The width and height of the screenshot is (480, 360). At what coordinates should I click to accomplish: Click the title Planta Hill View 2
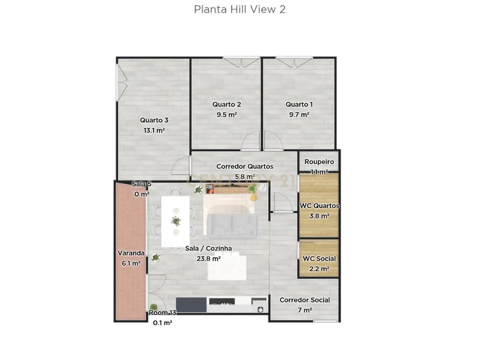click(240, 9)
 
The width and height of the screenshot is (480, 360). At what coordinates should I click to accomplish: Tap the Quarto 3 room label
click(154, 120)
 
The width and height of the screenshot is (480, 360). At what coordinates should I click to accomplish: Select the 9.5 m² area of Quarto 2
click(227, 115)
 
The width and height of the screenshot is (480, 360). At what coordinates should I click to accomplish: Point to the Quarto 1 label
click(299, 105)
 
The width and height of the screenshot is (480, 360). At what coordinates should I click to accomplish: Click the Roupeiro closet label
click(319, 162)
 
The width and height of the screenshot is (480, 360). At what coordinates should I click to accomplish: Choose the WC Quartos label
click(319, 206)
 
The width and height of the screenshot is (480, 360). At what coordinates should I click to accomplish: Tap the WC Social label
click(319, 259)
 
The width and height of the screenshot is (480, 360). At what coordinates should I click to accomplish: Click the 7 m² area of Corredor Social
click(305, 310)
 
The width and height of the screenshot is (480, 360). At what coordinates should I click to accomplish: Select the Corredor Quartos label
click(245, 166)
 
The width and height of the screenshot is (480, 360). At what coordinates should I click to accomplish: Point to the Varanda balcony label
click(131, 253)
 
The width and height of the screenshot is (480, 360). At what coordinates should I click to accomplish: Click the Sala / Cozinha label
click(209, 248)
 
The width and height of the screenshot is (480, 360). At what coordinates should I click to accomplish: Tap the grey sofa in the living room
click(232, 226)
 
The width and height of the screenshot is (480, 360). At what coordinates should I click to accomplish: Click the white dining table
click(175, 221)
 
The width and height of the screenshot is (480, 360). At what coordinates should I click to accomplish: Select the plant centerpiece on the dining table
click(176, 221)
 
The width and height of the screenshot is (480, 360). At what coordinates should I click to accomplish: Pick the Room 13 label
click(163, 313)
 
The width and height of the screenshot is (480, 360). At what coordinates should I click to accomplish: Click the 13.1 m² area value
click(154, 131)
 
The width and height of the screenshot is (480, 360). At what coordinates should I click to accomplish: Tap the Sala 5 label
click(142, 184)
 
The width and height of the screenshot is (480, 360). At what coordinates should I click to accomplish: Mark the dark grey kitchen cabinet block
click(191, 305)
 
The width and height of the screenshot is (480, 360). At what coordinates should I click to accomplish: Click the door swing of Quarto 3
click(180, 165)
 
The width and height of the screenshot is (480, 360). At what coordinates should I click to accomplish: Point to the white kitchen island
click(227, 268)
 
